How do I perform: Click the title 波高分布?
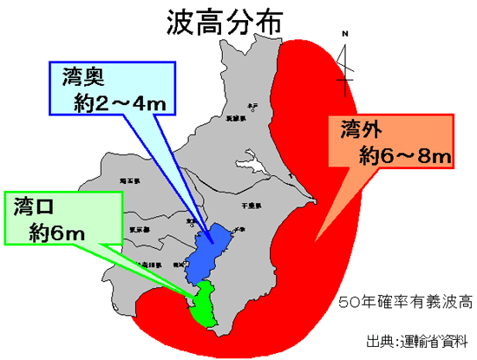click(223, 23)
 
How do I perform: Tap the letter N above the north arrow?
click(345, 35)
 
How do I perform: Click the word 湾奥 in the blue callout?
click(84, 76)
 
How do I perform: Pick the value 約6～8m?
click(404, 156)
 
